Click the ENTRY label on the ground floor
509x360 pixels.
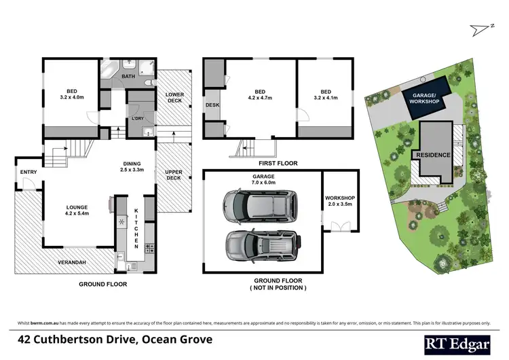tap(29, 173)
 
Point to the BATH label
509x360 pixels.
tap(128, 77)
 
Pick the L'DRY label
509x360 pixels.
tap(138, 119)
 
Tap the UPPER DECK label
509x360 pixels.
tap(174, 175)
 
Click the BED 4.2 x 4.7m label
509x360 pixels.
tap(260, 96)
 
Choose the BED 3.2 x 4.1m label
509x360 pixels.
tap(326, 96)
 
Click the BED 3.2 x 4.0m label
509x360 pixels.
tap(71, 96)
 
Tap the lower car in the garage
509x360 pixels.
tap(261, 242)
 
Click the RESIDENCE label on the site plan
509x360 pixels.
tap(433, 155)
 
